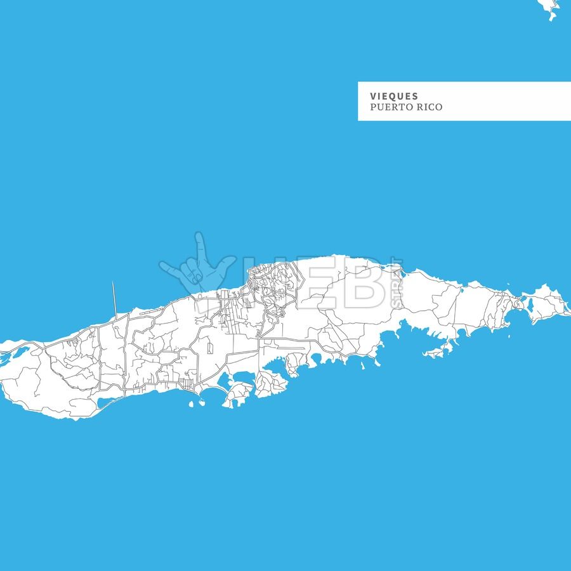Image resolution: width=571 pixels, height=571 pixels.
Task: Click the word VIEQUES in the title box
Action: (394, 96)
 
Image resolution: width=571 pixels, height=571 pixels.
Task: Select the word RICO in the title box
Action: (430, 107)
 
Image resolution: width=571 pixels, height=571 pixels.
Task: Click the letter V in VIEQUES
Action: (373, 96)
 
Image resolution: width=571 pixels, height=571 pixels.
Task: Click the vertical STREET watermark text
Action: (397, 282)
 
